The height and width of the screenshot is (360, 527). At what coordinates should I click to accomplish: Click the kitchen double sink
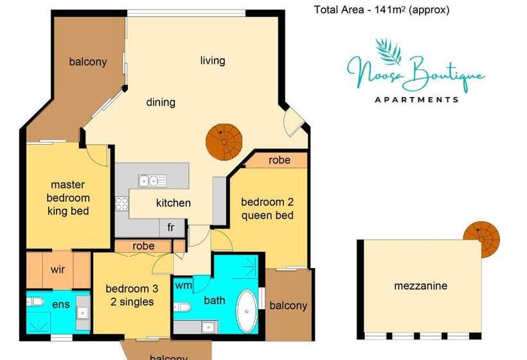click(153, 181)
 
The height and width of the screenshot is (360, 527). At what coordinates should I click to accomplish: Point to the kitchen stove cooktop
click(122, 203)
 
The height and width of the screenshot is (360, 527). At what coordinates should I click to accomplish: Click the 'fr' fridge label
click(171, 228)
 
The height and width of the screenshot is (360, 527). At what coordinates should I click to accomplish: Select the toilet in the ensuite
click(37, 301)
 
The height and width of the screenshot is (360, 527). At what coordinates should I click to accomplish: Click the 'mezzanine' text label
click(420, 286)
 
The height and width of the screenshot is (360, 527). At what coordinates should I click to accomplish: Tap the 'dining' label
click(161, 102)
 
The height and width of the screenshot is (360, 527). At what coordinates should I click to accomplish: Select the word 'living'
click(213, 61)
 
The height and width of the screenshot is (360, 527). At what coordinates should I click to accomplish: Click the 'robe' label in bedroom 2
click(279, 160)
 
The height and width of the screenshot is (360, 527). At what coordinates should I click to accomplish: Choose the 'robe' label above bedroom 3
click(143, 246)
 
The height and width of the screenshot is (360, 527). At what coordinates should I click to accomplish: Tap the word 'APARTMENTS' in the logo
click(416, 100)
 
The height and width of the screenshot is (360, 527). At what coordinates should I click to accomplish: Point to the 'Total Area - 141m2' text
click(381, 10)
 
